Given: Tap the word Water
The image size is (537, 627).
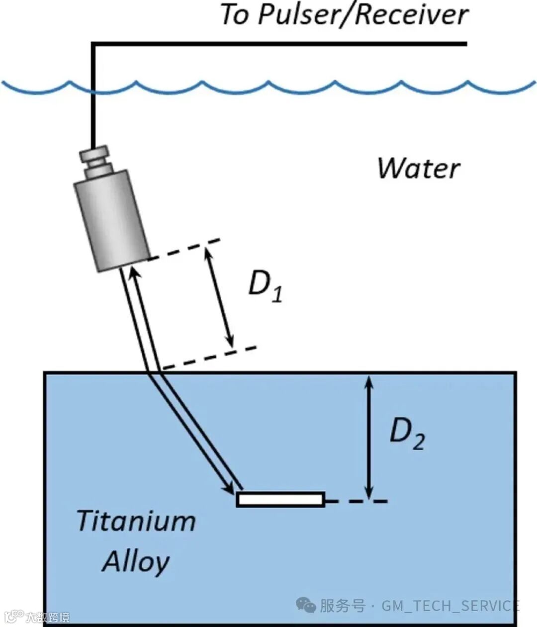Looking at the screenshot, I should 419,169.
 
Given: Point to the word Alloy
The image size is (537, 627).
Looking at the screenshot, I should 136,562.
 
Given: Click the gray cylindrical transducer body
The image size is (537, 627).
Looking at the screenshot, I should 112,221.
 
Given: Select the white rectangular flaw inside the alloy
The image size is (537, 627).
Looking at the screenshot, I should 281,499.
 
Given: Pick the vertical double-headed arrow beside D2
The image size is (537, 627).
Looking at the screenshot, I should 368,437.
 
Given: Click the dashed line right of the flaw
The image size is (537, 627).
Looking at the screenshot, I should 356,501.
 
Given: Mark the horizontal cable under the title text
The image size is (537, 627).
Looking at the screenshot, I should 278,44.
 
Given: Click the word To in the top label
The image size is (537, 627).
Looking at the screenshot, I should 235,15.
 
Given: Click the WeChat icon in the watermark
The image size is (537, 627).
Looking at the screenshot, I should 306,605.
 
